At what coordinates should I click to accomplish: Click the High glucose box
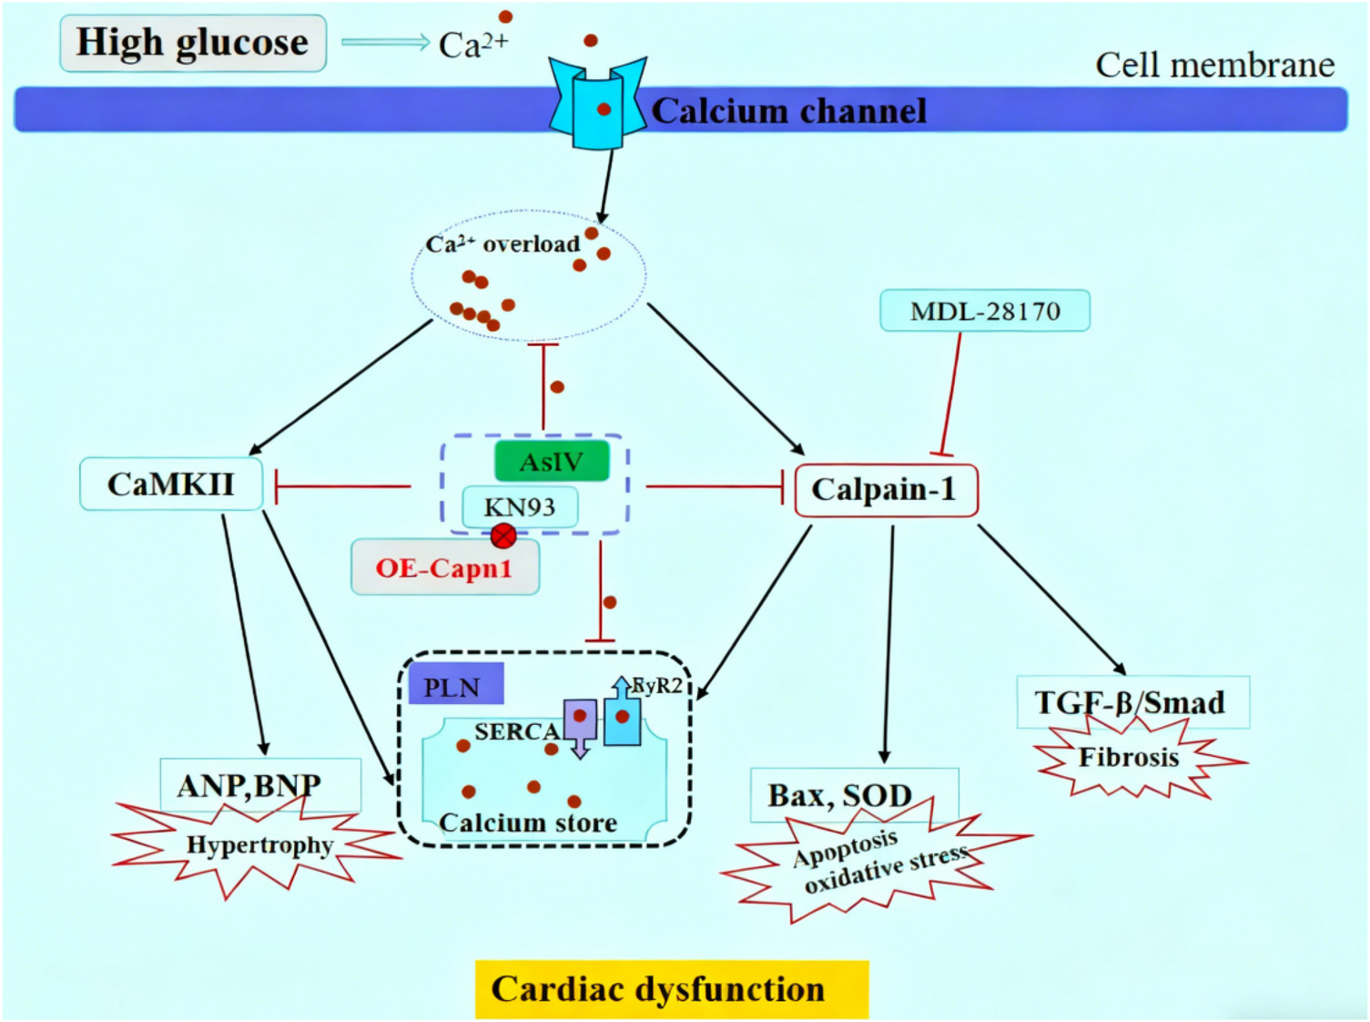click(x=192, y=43)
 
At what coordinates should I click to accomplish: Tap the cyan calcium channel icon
click(x=597, y=105)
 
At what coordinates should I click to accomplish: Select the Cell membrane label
click(x=1213, y=65)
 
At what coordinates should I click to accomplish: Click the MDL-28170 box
click(x=984, y=312)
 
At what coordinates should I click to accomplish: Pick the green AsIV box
click(x=551, y=462)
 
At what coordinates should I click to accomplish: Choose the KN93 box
click(x=519, y=507)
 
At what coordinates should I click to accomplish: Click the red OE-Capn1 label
click(x=444, y=568)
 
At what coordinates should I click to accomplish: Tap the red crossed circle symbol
click(x=503, y=536)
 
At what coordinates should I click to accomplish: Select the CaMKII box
click(x=171, y=484)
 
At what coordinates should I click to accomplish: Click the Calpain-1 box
click(x=885, y=490)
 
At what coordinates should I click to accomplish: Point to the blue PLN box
click(x=454, y=687)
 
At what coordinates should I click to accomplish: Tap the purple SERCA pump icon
click(x=580, y=723)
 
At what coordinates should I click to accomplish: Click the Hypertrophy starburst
click(x=259, y=847)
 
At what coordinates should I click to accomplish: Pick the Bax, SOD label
click(x=839, y=795)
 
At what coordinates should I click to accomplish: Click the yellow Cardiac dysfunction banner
click(x=671, y=989)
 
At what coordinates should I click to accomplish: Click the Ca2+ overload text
click(x=502, y=244)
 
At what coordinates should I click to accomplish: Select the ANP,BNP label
click(x=249, y=784)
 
